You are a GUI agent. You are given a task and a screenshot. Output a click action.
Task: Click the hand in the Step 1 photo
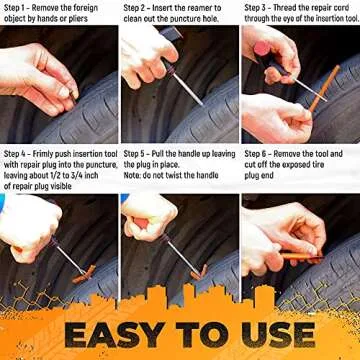click(x=40, y=75)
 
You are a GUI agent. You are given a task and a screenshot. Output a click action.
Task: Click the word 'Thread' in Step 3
click(x=296, y=6)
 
